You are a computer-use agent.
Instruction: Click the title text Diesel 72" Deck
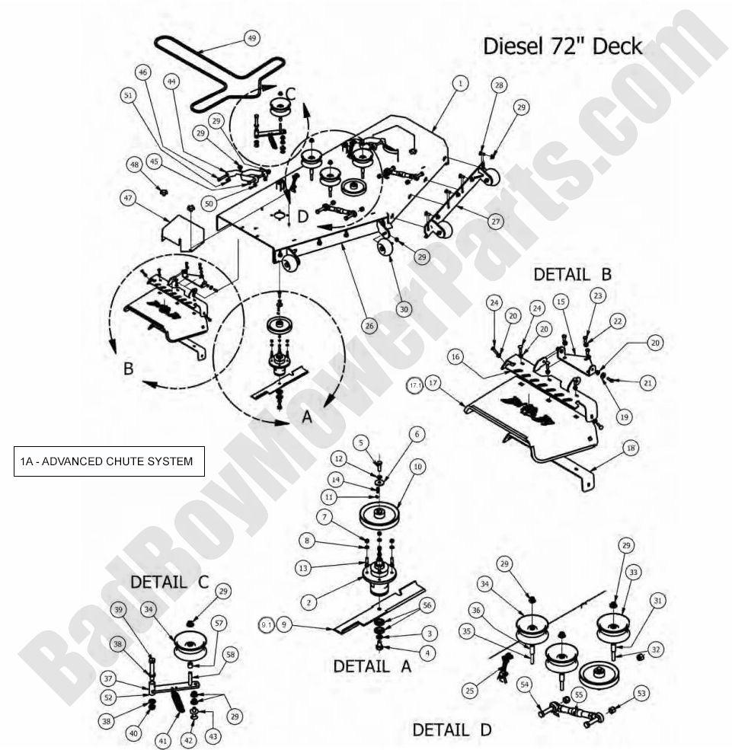tap(563, 46)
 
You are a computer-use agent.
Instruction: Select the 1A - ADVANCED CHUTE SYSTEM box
tap(109, 461)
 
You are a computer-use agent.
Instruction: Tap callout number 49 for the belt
tap(252, 37)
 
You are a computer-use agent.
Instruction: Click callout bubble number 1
tap(460, 81)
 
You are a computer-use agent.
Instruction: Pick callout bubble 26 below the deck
tap(369, 326)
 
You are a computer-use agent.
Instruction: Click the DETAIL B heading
tap(572, 274)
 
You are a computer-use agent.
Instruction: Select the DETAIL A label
tap(372, 665)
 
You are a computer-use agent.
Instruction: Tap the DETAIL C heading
tap(170, 582)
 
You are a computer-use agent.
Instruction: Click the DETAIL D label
tap(452, 729)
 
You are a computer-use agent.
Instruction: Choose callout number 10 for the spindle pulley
tap(417, 465)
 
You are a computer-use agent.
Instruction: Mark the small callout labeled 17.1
tap(415, 386)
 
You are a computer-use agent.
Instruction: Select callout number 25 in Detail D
tap(470, 690)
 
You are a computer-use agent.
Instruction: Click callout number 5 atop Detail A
tap(363, 442)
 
